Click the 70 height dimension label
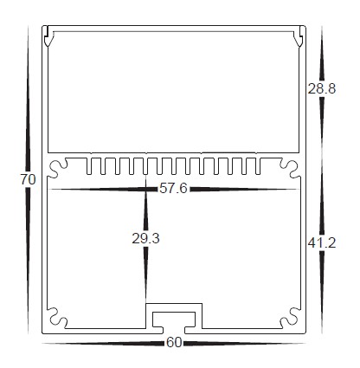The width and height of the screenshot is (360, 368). [x=27, y=179]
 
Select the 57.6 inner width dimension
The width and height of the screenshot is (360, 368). [x=173, y=188]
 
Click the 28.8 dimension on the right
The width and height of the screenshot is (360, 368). [x=321, y=88]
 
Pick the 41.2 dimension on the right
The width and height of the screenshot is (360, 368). [x=321, y=243]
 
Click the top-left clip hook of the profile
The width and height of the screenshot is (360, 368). [x=49, y=38]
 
